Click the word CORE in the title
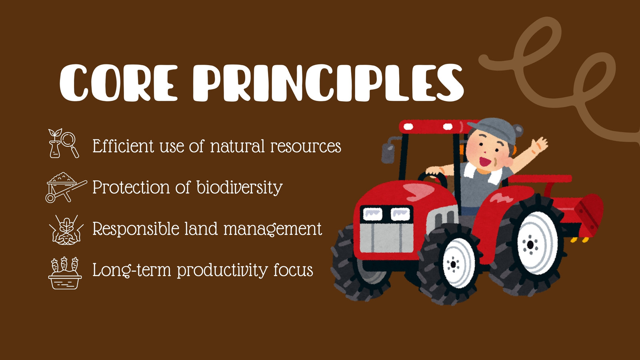tap(118, 82)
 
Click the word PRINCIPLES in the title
tap(328, 82)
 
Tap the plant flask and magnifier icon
tap(64, 143)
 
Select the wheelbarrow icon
tap(66, 187)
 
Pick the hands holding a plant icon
tap(66, 230)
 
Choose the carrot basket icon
tap(65, 273)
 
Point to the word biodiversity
tap(240, 188)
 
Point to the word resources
tap(306, 146)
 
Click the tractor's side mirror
tap(388, 154)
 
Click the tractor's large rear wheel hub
tap(530, 244)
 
